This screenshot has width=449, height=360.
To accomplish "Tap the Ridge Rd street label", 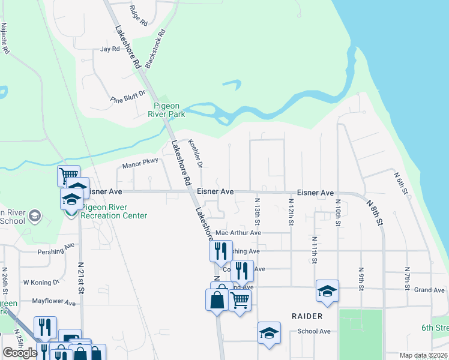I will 138,17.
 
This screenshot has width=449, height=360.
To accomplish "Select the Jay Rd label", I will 110,49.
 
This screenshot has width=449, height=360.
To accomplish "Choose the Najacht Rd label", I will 5,39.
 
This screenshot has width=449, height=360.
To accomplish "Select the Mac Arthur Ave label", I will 238,233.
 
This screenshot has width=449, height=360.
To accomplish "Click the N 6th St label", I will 401,184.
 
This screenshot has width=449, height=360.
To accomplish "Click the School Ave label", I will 314,331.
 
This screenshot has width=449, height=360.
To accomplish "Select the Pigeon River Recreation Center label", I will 114,211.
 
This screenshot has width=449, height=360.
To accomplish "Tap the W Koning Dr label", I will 41,282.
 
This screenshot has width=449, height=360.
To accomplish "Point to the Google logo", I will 20,353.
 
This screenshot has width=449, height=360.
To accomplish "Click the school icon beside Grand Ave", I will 327,291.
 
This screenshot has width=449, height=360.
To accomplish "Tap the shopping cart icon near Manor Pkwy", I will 68,176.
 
